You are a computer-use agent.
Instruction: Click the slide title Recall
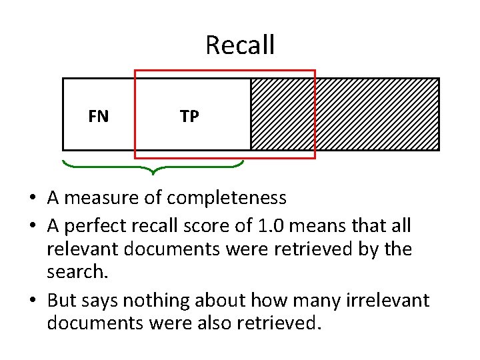[x=240, y=45]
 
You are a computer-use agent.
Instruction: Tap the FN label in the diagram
[x=98, y=117]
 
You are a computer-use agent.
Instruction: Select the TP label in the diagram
[x=189, y=117]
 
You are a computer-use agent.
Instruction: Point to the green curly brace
[x=153, y=167]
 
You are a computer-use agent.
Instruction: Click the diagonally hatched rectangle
[x=377, y=114]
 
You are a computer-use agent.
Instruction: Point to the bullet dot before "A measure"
[x=31, y=199]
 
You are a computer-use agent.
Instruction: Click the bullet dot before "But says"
[x=31, y=301]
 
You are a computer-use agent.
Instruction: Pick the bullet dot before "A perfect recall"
[x=31, y=227]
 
